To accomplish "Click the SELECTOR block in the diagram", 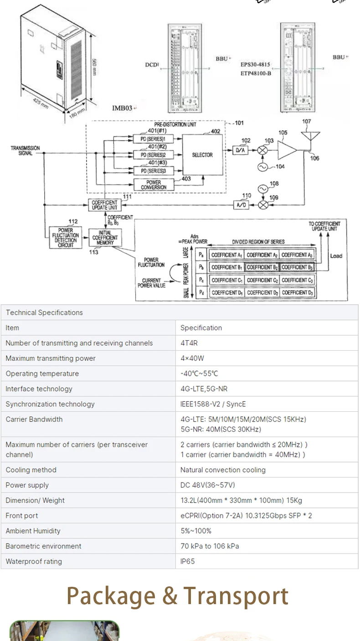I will [x=202, y=155].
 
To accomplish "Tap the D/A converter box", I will [x=241, y=150].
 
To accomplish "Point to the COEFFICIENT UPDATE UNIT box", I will [x=104, y=205].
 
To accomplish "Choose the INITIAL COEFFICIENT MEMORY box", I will [x=105, y=237].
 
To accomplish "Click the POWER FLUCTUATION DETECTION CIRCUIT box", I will [x=66, y=237].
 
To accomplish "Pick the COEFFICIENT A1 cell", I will [x=226, y=255].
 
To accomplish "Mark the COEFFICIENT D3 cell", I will [x=297, y=292].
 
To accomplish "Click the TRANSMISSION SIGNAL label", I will [x=26, y=151].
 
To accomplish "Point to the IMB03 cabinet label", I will [x=122, y=108].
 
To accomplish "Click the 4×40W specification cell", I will [x=192, y=359].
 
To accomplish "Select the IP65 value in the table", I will [x=187, y=561].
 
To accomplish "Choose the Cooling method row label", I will [x=31, y=470].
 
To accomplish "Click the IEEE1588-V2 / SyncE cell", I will [x=207, y=404].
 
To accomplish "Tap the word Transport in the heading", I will [x=236, y=595].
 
